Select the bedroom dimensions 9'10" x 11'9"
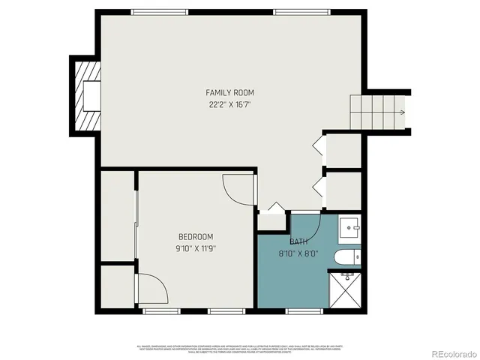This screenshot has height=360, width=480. [x=196, y=247]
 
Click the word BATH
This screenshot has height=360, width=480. [x=298, y=241]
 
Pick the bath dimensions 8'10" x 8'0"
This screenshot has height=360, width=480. [x=298, y=253]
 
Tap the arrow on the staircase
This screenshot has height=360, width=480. [x=401, y=112]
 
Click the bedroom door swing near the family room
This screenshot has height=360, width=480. [x=238, y=188]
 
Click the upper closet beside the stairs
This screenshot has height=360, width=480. [x=344, y=151]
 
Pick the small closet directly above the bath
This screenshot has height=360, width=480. [x=271, y=220]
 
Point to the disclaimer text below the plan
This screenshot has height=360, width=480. [x=239, y=349]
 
